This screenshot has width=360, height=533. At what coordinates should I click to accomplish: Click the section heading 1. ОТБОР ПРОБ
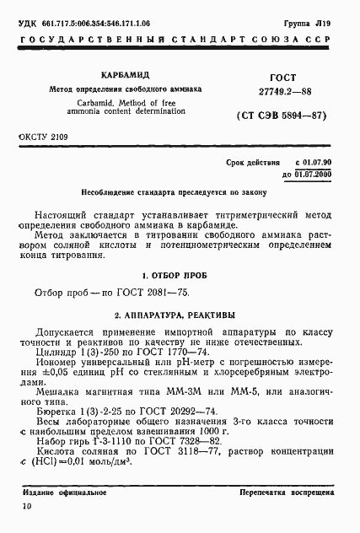[x=179, y=275]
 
